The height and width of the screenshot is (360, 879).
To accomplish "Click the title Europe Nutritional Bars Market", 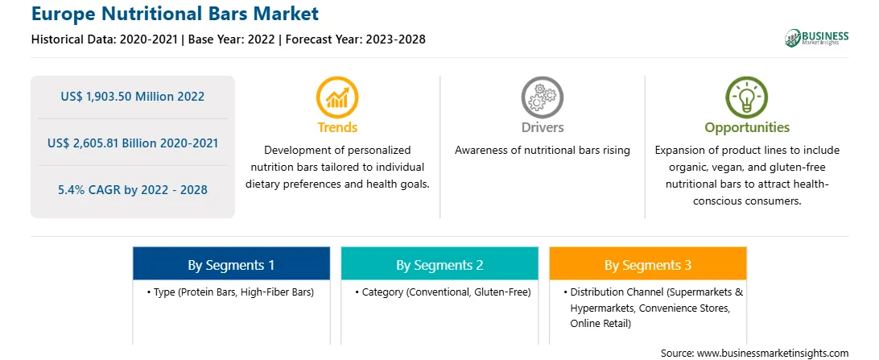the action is [x=175, y=14].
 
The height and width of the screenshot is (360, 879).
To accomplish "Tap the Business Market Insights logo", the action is [x=816, y=38].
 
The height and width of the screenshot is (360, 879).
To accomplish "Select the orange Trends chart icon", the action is [x=337, y=97].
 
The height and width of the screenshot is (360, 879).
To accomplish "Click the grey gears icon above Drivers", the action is [x=542, y=97].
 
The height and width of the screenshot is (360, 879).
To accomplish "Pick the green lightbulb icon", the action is [x=747, y=97].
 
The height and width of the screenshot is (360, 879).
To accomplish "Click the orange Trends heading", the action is [x=337, y=127].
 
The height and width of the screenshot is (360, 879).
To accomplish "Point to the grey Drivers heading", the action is [x=542, y=127].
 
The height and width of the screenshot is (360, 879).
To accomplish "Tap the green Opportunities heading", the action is [x=747, y=128].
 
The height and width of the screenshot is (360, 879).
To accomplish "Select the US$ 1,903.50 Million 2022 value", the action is [x=133, y=97].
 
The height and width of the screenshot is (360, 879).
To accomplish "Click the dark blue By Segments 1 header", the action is [x=232, y=265].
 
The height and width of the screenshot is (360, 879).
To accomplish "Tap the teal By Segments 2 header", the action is [x=439, y=265].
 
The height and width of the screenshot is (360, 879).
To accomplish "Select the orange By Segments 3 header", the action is [x=648, y=265].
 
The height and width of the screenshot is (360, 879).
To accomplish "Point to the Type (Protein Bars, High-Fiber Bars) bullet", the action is [x=230, y=292].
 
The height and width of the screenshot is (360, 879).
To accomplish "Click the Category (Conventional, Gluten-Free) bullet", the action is [x=443, y=292].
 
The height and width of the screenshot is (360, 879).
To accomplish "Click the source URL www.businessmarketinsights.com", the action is [x=773, y=353].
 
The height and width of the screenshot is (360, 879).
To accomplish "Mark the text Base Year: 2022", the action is [x=231, y=39].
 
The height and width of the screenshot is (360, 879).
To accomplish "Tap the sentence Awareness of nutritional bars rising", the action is [x=543, y=151].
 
